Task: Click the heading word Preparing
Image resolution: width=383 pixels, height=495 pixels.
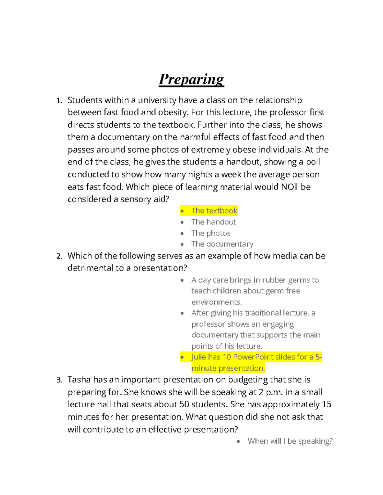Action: click(x=191, y=79)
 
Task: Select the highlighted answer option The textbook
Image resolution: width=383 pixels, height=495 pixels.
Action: click(x=214, y=211)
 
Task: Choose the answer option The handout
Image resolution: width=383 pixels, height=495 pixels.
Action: click(x=214, y=222)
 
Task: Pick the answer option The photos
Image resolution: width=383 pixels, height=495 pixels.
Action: click(x=211, y=233)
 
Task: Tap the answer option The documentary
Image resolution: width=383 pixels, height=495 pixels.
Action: click(x=222, y=244)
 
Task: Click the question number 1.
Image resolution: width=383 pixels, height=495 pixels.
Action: click(x=59, y=101)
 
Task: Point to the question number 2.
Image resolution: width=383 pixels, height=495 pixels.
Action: click(x=59, y=256)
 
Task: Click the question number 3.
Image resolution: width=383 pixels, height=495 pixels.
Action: click(x=59, y=380)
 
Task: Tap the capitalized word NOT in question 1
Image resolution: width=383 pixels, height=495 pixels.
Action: click(x=289, y=187)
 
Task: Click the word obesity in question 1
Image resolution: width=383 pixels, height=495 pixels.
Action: click(x=172, y=113)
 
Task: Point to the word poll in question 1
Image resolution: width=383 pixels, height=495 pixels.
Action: click(x=313, y=162)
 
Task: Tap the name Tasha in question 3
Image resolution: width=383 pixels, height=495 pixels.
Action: click(x=79, y=380)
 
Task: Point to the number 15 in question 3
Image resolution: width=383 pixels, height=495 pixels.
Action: click(x=327, y=404)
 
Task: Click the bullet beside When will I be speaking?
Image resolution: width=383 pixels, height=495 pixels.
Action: click(x=238, y=441)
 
